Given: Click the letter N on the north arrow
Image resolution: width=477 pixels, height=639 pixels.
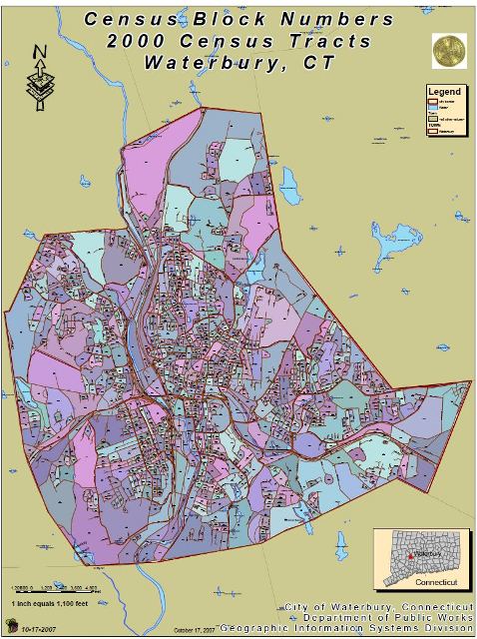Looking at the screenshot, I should click(x=39, y=51).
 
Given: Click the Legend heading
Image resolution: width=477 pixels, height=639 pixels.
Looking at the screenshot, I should click(x=444, y=91).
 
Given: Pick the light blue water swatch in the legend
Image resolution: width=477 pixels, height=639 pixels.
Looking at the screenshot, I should click(x=433, y=110).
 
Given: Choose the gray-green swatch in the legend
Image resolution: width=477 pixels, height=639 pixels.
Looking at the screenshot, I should click(x=433, y=119).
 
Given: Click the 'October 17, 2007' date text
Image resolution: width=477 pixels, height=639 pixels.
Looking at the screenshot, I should click(x=195, y=630).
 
